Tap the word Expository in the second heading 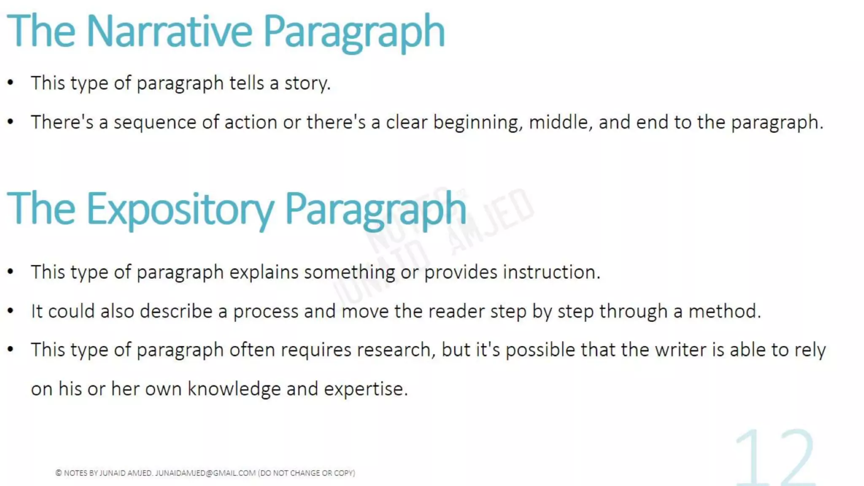tap(181, 209)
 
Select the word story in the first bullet tap(307, 83)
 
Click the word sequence tap(155, 123)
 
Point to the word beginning tap(478, 123)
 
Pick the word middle tap(560, 122)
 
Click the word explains tap(264, 273)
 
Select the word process tap(266, 312)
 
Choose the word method tap(724, 311)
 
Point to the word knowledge tap(234, 389)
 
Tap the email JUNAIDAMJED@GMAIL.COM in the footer tap(205, 473)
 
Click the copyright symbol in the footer tap(59, 473)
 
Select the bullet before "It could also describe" tap(11, 311)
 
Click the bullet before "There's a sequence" tap(11, 122)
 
